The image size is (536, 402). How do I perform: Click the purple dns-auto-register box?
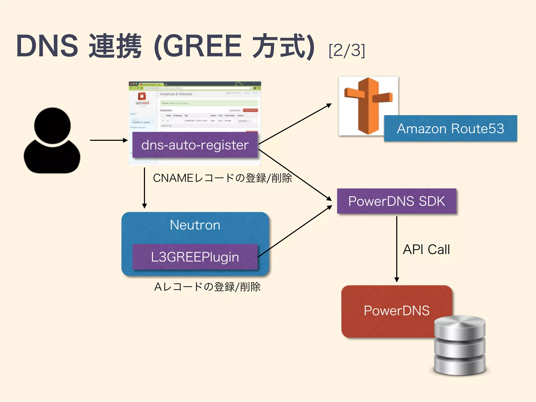(195, 145)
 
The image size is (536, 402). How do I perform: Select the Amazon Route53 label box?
(450, 129)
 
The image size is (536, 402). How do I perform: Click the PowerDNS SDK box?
(397, 201)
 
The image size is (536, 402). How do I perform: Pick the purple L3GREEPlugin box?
(195, 257)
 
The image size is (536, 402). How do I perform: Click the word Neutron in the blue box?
(195, 225)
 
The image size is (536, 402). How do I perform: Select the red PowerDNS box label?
(397, 311)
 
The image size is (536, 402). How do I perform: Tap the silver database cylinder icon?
(460, 345)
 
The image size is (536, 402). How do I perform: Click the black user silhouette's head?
(52, 126)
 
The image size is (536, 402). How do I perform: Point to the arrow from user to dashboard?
(109, 140)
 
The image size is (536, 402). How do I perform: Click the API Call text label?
(426, 249)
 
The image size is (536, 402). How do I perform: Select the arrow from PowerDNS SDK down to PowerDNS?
(397, 249)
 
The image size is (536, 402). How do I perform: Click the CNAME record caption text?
(222, 178)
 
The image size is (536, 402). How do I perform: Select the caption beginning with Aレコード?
(207, 287)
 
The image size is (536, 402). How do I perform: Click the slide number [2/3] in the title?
(347, 50)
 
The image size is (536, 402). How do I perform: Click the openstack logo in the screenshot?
(142, 98)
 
